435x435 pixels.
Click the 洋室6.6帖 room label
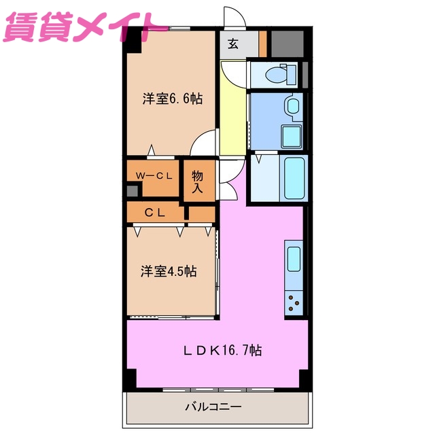(172, 99)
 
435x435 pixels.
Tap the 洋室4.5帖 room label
(169, 272)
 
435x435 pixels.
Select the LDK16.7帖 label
(222, 351)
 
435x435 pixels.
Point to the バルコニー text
(213, 408)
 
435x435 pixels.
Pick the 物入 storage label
(197, 181)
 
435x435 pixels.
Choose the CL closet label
(155, 213)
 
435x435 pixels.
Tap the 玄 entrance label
(233, 44)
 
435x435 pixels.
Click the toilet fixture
(277, 74)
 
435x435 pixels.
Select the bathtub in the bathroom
(296, 178)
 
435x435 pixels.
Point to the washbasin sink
(292, 106)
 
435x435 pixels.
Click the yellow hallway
(232, 109)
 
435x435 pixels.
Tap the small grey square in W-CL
(132, 190)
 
